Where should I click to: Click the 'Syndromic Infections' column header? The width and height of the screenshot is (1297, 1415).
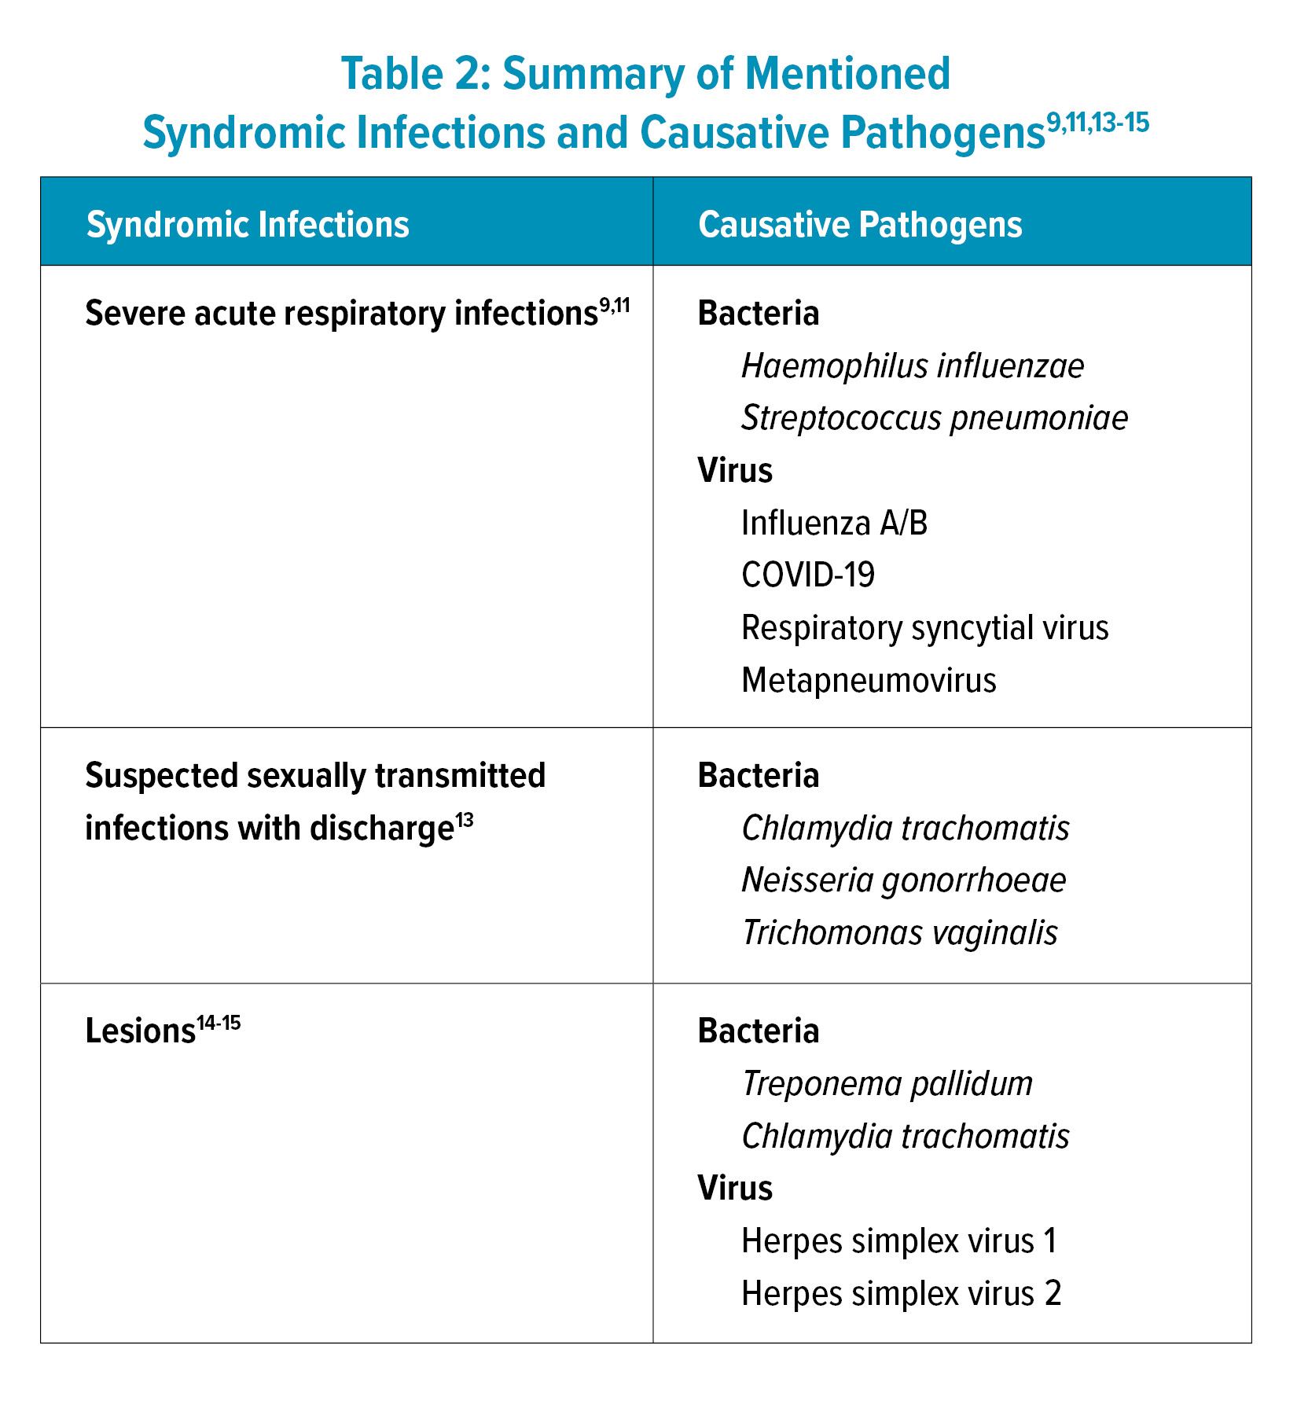248,225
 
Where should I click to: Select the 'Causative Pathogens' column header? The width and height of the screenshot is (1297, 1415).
860,225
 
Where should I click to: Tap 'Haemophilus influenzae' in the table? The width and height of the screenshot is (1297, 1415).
913,366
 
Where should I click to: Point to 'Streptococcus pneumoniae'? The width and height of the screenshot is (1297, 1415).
935,417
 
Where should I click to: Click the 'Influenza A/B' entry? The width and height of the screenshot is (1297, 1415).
834,523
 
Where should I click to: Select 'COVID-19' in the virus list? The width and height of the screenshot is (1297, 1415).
808,575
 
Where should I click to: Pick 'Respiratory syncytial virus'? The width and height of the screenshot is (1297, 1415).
924,627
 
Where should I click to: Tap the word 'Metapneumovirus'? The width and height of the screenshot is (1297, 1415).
869,680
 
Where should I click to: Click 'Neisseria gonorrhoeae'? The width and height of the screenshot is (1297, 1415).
904,880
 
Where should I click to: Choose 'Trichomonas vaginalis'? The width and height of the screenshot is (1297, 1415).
900,933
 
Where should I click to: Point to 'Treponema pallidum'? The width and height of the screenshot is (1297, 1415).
887,1084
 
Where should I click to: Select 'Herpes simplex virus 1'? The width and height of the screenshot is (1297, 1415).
899,1241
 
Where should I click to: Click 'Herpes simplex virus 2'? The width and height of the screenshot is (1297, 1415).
902,1293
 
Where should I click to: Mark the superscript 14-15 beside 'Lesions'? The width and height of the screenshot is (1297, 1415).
218,1024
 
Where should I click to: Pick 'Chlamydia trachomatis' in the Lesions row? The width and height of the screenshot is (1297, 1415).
906,1137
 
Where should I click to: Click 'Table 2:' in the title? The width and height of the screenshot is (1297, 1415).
413,75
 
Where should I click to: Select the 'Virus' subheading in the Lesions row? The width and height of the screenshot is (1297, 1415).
735,1189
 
